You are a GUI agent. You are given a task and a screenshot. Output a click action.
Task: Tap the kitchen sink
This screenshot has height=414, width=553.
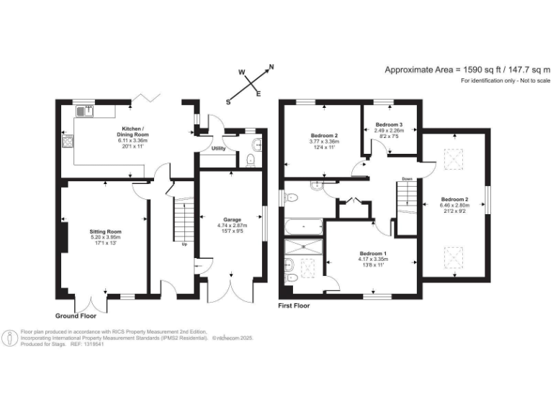coord(86,111)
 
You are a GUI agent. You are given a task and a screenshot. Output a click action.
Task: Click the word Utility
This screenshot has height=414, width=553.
coord(218,147)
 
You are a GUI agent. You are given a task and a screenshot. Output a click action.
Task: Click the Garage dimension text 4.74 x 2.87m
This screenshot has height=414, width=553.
coord(231,225)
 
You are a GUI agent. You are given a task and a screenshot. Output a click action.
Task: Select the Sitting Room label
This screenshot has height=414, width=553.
coord(105,231)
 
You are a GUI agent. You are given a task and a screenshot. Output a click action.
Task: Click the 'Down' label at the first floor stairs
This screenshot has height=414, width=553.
coord(407,179)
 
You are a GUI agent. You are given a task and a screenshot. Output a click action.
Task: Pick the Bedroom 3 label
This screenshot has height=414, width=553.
coord(390,125)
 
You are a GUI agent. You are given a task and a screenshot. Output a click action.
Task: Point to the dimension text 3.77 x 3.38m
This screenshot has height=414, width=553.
coord(325,142)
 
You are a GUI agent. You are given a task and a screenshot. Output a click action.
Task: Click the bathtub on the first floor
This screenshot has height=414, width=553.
coord(303,228)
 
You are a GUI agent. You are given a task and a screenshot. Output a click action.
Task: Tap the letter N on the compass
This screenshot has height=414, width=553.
coord(271,68)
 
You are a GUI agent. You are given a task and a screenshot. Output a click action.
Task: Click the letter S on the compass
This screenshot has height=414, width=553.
coord(228,102)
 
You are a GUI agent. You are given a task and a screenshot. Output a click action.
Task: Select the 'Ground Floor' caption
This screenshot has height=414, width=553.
coord(76,316)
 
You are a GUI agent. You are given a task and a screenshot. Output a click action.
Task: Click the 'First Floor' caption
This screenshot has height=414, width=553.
coord(294,305)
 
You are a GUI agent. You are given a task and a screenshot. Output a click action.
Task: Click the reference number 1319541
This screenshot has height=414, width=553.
coord(93,344)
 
